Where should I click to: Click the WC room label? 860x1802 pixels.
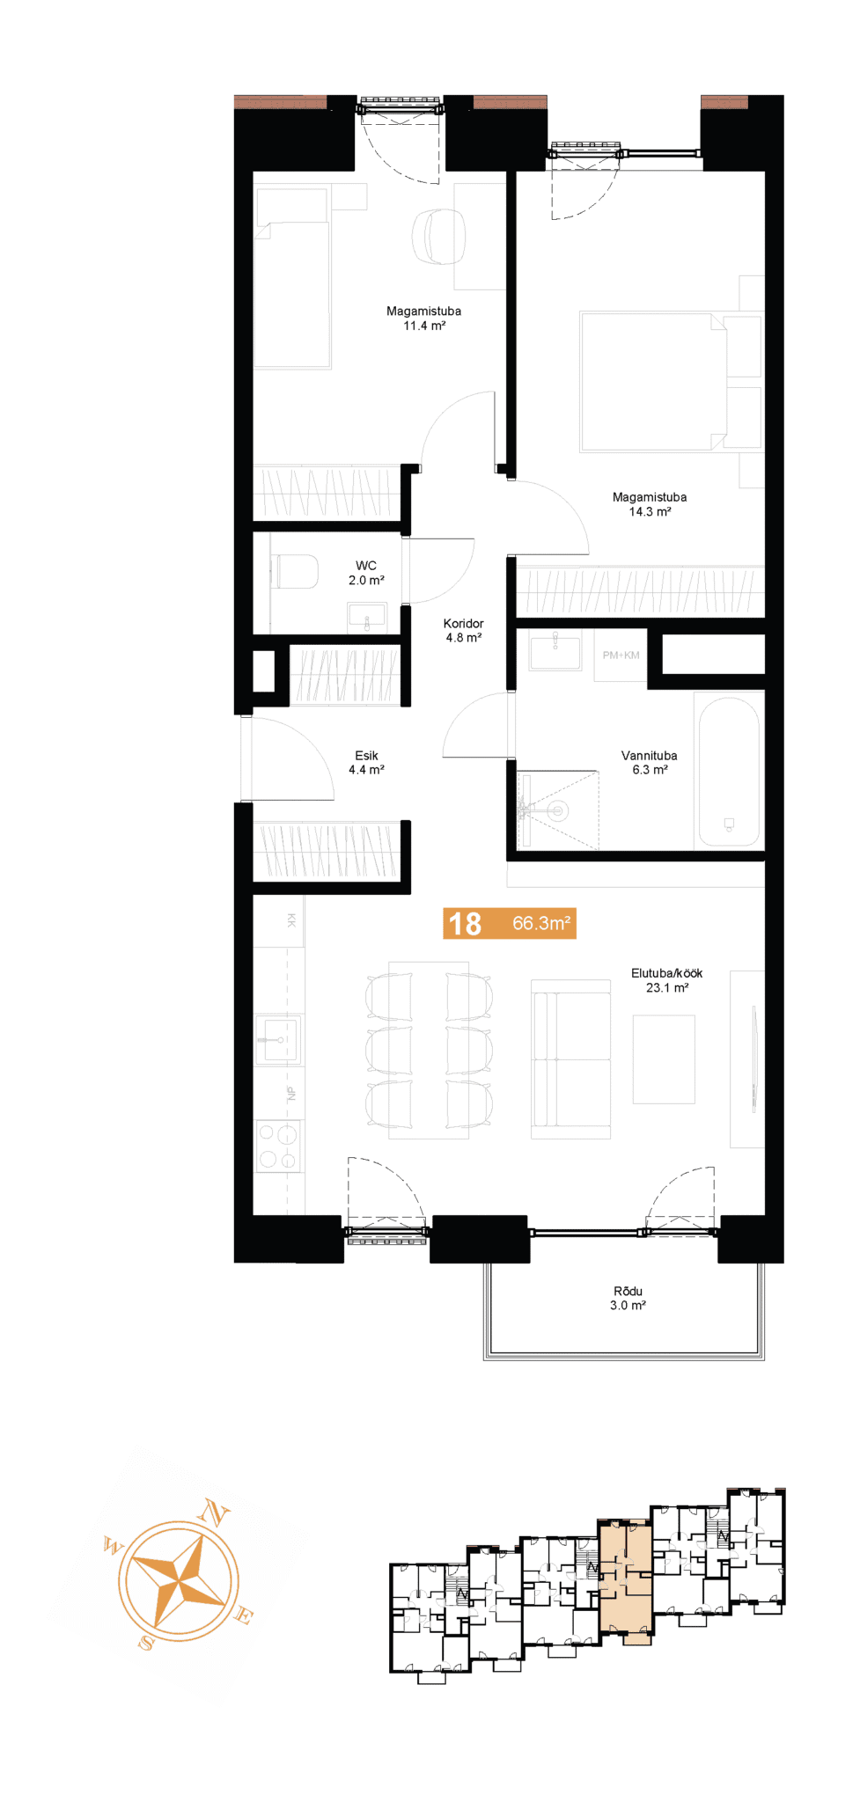coord(366,566)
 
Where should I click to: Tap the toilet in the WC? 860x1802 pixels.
coord(295,571)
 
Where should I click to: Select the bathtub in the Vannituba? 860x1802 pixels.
coord(729,772)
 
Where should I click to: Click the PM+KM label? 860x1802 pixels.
coord(621,656)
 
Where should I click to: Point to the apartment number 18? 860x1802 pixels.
coord(465,923)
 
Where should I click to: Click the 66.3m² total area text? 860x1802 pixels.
coord(541,923)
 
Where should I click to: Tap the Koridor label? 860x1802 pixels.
coord(464,624)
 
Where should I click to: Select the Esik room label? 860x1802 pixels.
coord(366,756)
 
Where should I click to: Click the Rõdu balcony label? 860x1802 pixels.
coord(628,1292)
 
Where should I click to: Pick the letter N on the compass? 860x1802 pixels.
coord(214,1513)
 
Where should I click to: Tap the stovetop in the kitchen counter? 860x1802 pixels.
coord(278,1146)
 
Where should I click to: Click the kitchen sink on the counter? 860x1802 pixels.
coord(278,1039)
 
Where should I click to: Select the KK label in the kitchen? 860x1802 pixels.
coord(291,920)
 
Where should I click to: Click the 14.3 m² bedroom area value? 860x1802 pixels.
coord(650,512)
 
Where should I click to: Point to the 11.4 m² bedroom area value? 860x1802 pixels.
coord(424,326)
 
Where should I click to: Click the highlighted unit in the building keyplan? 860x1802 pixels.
coord(626,1579)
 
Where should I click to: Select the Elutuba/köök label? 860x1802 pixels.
coord(666,973)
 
